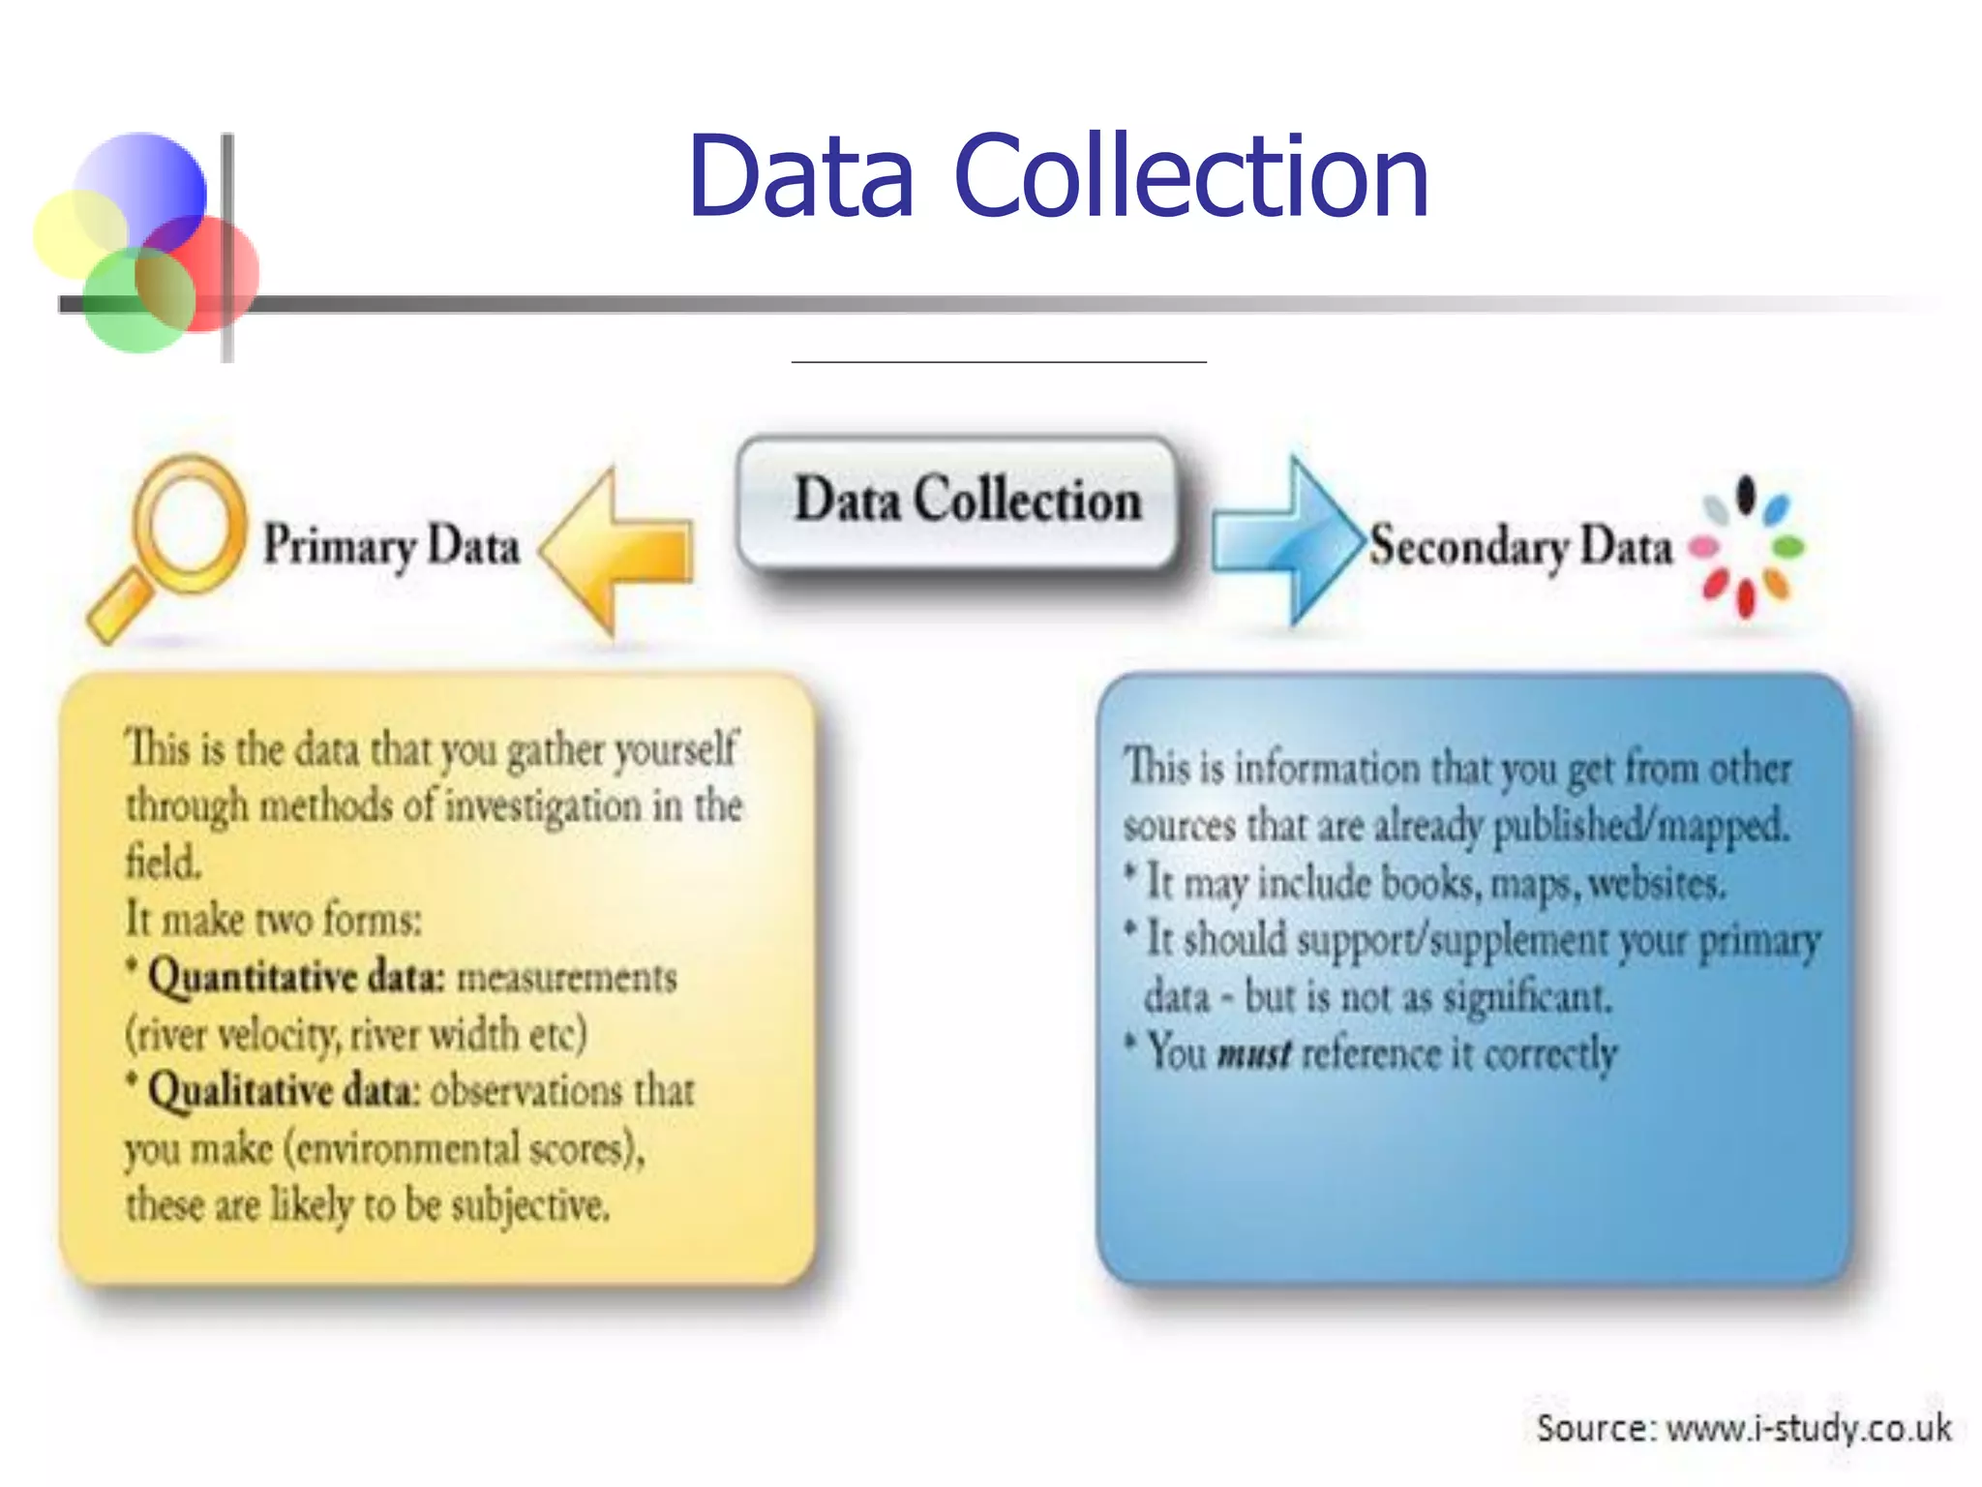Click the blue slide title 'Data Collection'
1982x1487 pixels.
(1057, 177)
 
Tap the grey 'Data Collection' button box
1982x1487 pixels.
(958, 503)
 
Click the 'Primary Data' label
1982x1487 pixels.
(392, 545)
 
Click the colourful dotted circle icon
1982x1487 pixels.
(1746, 546)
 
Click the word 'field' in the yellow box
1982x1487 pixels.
(163, 861)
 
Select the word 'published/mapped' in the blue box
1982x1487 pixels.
(1641, 826)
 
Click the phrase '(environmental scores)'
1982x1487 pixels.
(465, 1149)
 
